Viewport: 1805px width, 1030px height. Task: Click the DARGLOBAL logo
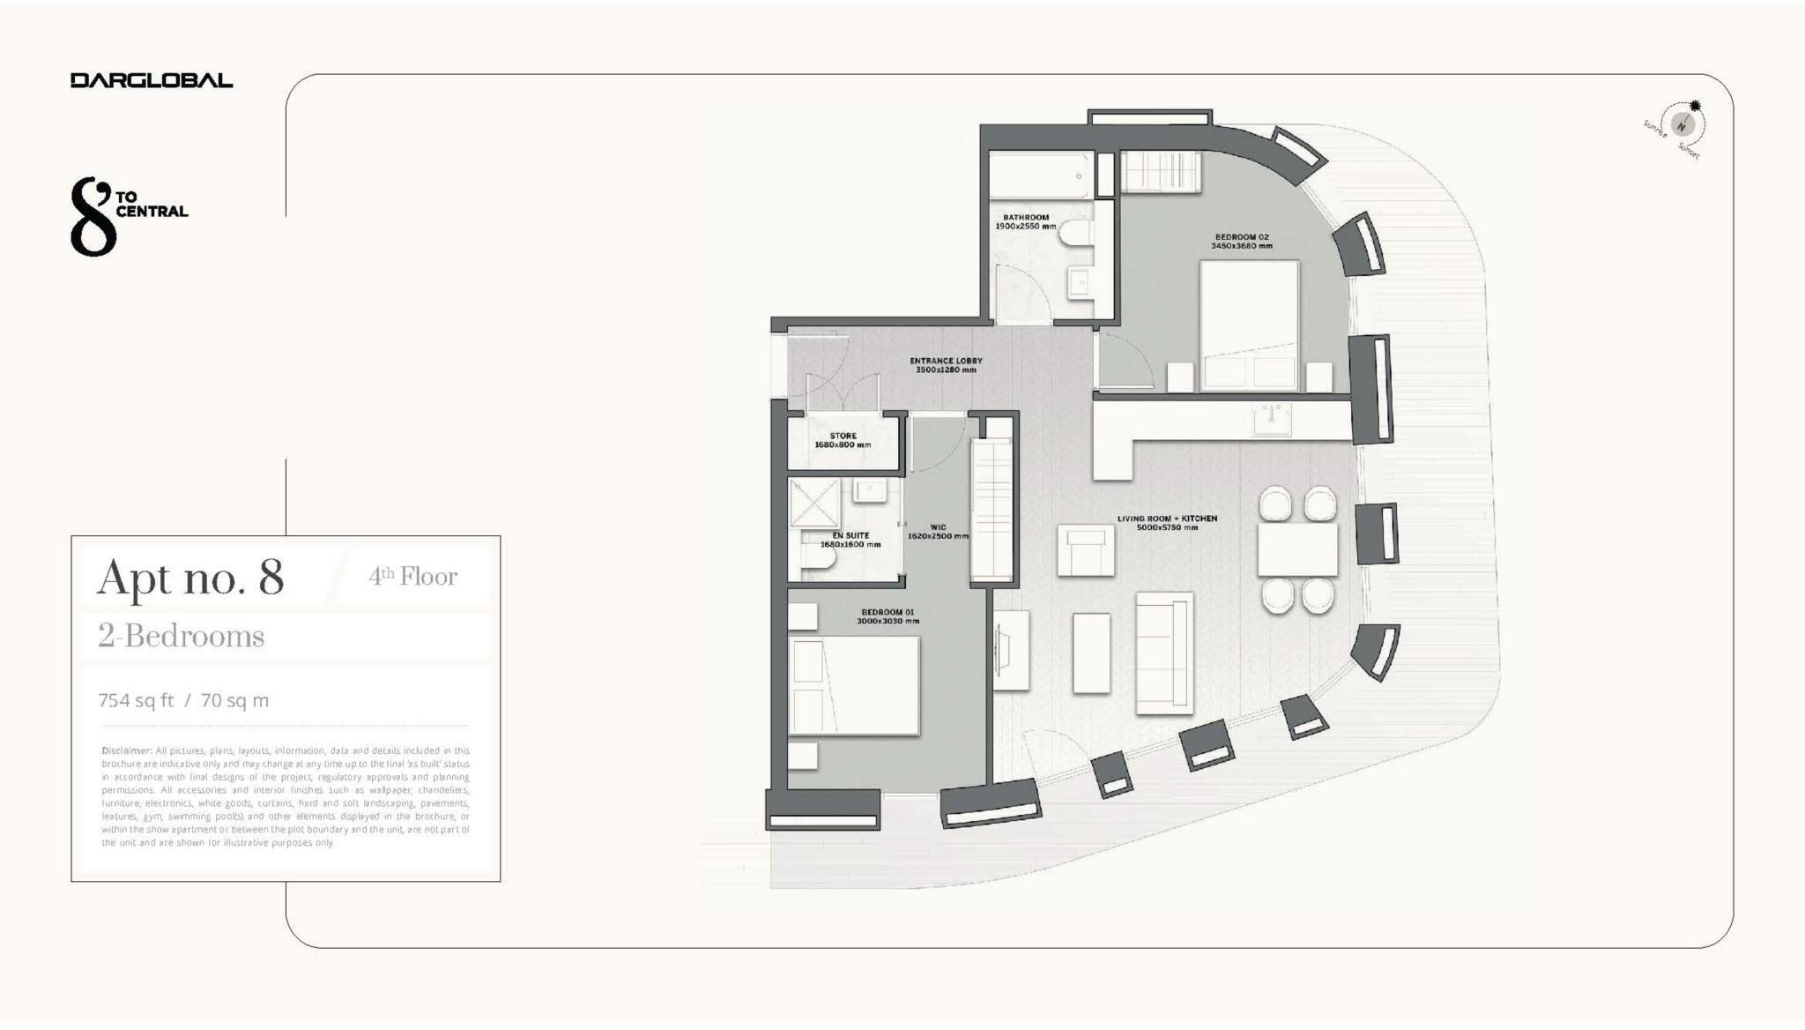152,80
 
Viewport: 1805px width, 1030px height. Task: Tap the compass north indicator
1682,125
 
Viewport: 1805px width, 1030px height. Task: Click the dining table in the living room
1297,549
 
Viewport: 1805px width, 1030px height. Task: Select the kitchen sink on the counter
1272,421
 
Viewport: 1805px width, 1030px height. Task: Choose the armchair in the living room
1086,550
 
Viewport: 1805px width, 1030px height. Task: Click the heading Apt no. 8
190,578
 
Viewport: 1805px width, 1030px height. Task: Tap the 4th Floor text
412,577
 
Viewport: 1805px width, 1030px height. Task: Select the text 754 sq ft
136,700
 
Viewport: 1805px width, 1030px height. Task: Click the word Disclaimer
127,750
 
